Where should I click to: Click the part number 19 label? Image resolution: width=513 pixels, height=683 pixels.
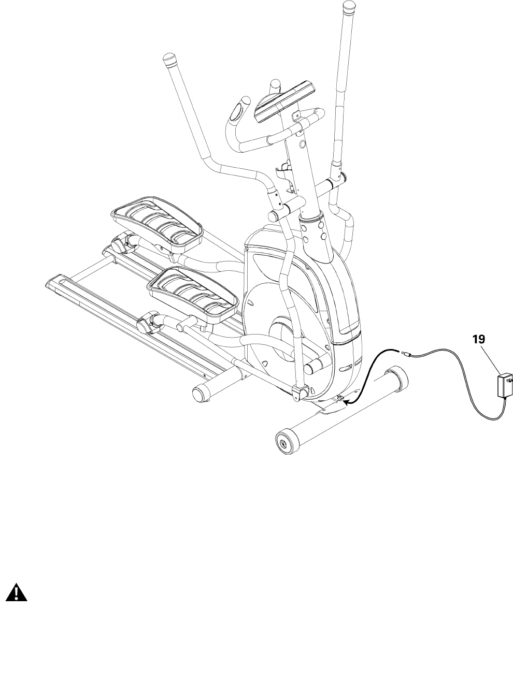[478, 340]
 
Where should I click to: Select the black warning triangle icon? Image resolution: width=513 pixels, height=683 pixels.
[17, 593]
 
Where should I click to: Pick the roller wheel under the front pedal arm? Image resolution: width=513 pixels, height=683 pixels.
[145, 325]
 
